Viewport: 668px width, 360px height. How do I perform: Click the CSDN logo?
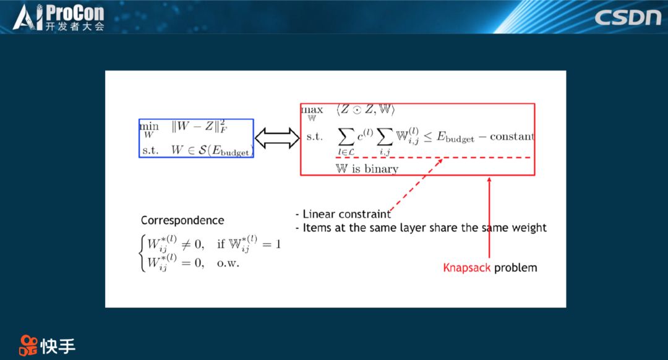pos(628,17)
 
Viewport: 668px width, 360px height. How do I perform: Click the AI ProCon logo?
pos(58,17)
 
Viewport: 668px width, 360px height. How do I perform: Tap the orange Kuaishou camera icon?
pos(28,345)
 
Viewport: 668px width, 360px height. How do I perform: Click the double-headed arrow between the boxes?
pos(277,138)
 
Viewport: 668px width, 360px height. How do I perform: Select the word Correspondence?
pos(182,220)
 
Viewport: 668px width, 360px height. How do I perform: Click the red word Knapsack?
pos(466,268)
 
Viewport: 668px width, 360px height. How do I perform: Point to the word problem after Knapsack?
pos(515,268)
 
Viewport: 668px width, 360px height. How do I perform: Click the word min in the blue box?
pos(149,126)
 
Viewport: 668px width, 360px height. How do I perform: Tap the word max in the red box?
pos(312,109)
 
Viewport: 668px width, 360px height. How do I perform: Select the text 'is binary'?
pos(375,169)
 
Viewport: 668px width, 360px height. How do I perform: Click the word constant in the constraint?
pos(512,136)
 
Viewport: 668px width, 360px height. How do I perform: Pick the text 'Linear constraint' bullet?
pos(346,214)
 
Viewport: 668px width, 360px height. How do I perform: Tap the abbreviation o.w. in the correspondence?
pos(228,263)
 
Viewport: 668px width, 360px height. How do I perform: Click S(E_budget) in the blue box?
pos(226,150)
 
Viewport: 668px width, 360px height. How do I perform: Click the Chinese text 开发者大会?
pos(75,27)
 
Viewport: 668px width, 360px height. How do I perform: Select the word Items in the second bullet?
pos(317,228)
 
